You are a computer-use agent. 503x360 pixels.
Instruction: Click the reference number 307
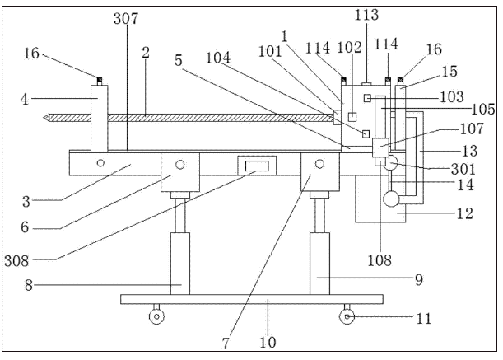pos(126,19)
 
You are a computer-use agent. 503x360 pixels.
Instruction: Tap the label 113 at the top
pos(366,15)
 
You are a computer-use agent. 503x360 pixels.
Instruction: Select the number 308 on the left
pos(16,261)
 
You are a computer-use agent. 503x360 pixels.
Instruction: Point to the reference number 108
pos(380,260)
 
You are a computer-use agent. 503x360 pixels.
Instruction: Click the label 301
pos(463,169)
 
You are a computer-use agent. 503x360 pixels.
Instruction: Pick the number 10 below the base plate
pos(268,343)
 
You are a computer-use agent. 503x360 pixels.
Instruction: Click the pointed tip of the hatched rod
pos(44,118)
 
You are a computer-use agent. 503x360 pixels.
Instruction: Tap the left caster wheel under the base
pos(156,316)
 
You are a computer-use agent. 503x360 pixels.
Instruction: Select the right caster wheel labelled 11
pos(347,316)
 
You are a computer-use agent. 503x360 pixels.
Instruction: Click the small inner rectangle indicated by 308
pos(257,166)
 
